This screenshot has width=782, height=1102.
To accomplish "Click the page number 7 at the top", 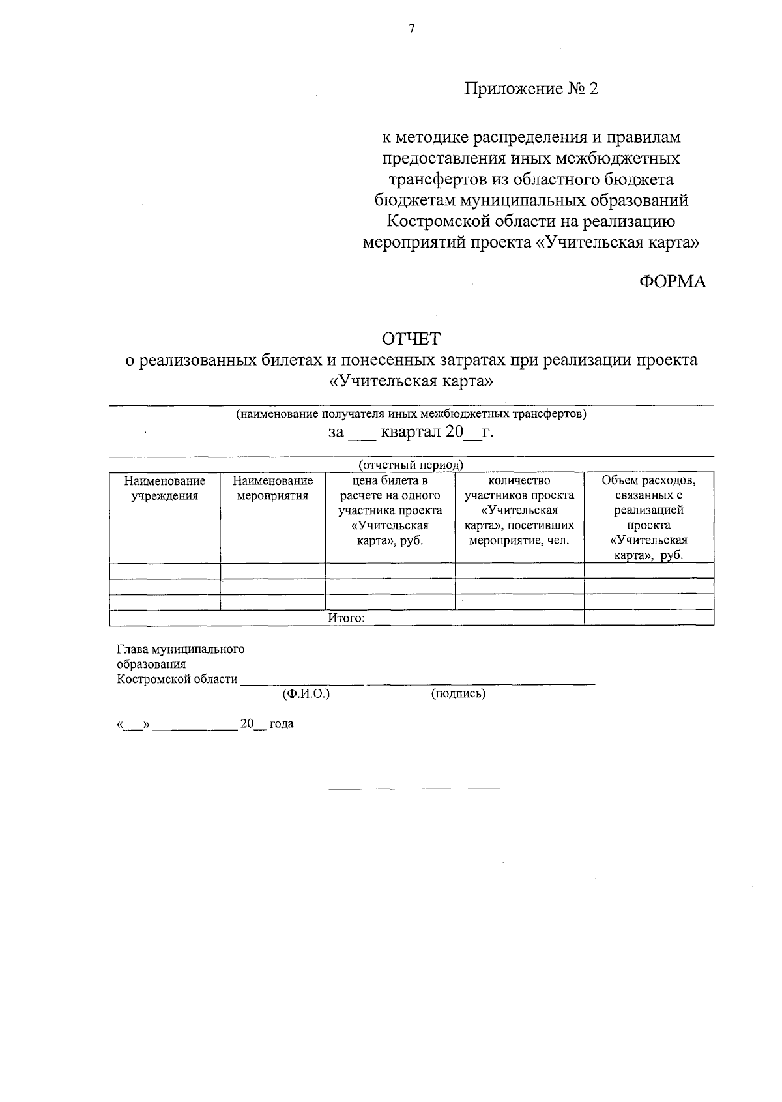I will click(411, 29).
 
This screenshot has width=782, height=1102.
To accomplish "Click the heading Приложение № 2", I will click(530, 89).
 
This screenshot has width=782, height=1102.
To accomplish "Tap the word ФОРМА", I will click(673, 282).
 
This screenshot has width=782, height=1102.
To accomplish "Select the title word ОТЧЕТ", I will click(411, 339).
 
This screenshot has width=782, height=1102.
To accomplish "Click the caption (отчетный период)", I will click(411, 465).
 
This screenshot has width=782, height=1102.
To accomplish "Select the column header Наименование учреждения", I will click(165, 488).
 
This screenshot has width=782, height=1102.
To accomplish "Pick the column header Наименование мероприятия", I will click(272, 488).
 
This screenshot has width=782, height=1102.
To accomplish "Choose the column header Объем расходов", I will click(648, 517).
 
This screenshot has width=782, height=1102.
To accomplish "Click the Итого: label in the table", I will click(346, 618).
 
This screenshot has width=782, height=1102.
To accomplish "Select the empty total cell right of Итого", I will click(648, 618).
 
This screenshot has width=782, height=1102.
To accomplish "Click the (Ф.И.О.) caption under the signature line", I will click(306, 694).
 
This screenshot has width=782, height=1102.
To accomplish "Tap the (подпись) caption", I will click(458, 694).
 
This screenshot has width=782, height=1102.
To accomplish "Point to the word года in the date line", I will click(282, 723).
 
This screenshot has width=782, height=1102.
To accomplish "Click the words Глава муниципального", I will click(181, 649).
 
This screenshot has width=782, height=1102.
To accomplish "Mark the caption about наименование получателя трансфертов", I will click(411, 414).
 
